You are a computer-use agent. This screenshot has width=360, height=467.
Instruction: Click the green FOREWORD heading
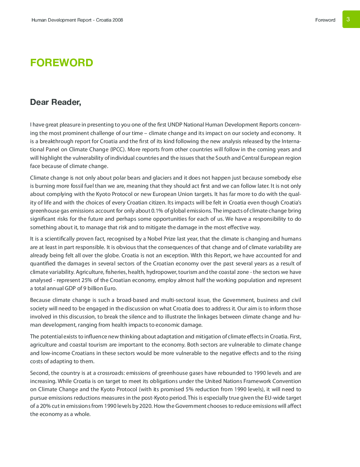(61, 63)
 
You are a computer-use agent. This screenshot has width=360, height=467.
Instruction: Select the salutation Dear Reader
(55, 102)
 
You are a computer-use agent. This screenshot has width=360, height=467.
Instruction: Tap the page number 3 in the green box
(348, 19)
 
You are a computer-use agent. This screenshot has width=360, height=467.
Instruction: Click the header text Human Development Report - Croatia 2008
(77, 20)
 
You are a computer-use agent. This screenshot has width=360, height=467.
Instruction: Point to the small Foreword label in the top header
(325, 20)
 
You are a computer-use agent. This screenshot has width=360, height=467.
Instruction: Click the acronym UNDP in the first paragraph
(175, 125)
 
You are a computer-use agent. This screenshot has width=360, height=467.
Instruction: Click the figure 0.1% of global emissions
(157, 211)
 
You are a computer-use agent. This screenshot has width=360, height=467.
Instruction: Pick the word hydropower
(161, 272)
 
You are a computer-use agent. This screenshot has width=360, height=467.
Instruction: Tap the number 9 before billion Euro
(85, 288)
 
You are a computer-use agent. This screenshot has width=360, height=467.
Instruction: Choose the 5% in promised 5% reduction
(189, 389)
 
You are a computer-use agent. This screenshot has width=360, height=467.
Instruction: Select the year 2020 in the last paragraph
(146, 406)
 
